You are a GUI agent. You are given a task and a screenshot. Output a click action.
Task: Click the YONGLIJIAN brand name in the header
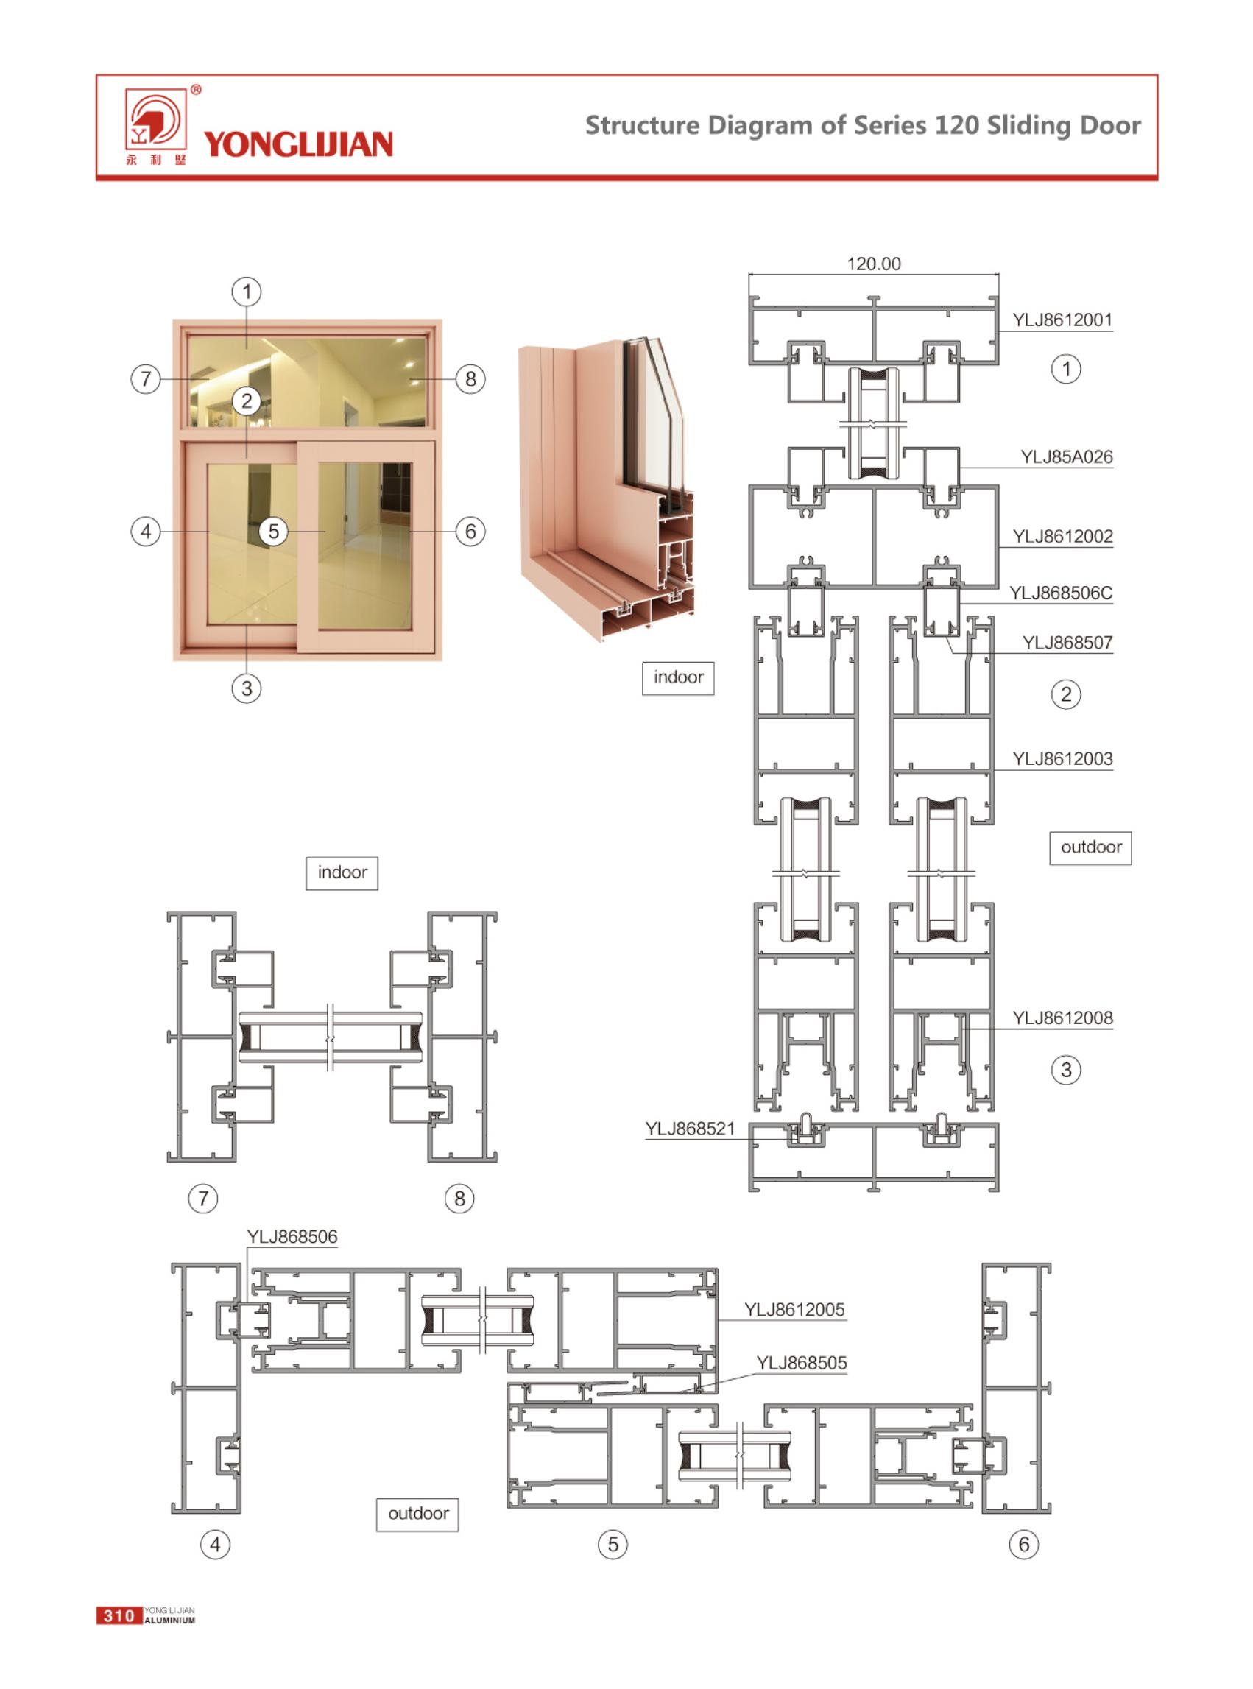298,144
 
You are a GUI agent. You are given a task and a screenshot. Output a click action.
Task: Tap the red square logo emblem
155,119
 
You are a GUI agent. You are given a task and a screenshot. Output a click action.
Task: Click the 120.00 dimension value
874,264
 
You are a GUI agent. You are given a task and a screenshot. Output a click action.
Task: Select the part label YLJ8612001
1062,320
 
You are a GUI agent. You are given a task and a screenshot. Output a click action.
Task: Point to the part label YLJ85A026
1067,456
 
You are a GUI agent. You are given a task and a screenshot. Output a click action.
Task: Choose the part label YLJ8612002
1062,536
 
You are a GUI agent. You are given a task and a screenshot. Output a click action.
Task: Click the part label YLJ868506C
1060,593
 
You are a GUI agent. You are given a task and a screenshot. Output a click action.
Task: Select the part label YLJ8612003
1062,758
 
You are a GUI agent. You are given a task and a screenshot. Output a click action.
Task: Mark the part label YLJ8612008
1062,1018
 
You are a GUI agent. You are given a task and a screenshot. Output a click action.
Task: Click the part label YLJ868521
691,1129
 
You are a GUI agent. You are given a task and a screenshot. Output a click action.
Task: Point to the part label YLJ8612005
794,1309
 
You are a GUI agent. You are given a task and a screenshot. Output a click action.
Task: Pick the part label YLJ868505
801,1363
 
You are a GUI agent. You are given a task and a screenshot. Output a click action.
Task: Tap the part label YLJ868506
292,1237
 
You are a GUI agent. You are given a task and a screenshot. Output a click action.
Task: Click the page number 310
119,1615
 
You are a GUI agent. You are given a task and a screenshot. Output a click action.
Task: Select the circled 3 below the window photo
247,688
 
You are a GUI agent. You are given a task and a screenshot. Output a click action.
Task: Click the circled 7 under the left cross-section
202,1199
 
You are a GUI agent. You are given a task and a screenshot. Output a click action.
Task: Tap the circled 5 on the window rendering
274,531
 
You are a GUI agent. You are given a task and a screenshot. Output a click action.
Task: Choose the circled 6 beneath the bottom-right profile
1024,1544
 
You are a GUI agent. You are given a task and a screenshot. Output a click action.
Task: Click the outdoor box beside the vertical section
1091,848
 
